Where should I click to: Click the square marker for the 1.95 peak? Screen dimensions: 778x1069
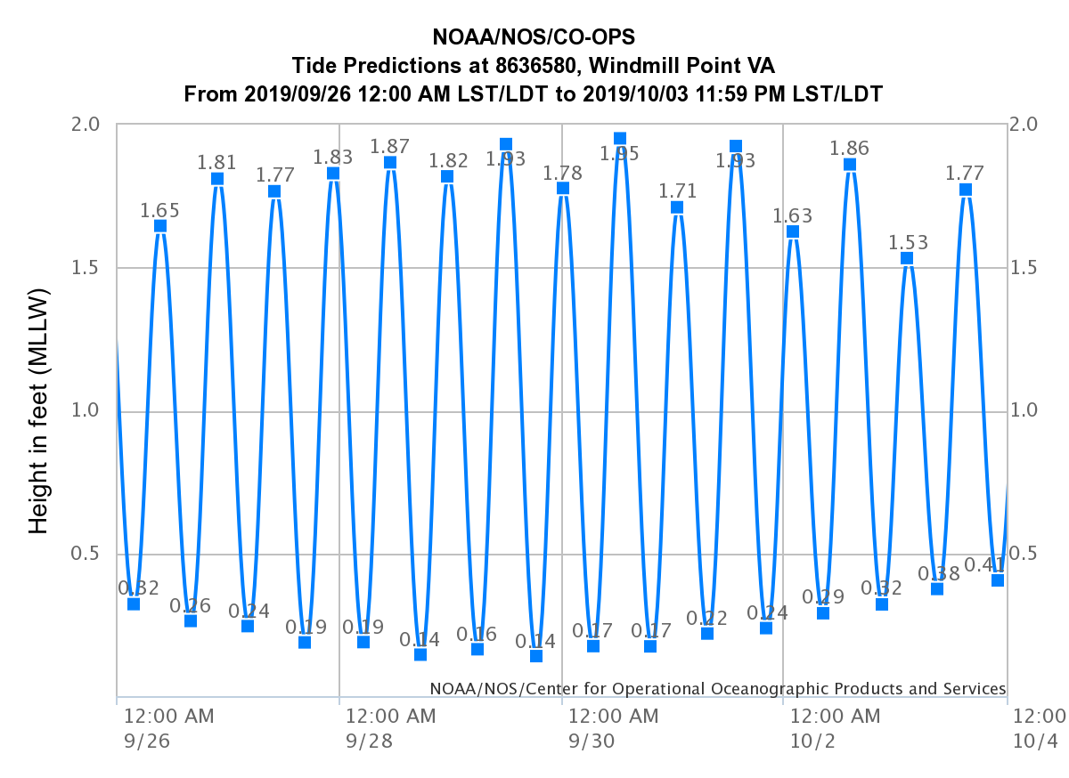620,139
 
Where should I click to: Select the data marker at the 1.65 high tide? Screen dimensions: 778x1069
160,226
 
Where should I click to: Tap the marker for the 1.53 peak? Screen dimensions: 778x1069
907,258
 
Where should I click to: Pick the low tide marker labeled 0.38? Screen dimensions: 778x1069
937,588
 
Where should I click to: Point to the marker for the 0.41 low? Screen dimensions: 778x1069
998,580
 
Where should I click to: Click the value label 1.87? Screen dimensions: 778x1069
389,146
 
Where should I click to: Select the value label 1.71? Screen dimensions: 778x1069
677,190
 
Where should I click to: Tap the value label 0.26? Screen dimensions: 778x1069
191,606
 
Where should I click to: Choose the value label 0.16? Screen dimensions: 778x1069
477,634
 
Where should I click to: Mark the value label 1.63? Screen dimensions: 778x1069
793,215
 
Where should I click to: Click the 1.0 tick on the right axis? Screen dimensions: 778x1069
1029,411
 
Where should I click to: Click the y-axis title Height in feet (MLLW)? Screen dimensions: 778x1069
38,410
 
